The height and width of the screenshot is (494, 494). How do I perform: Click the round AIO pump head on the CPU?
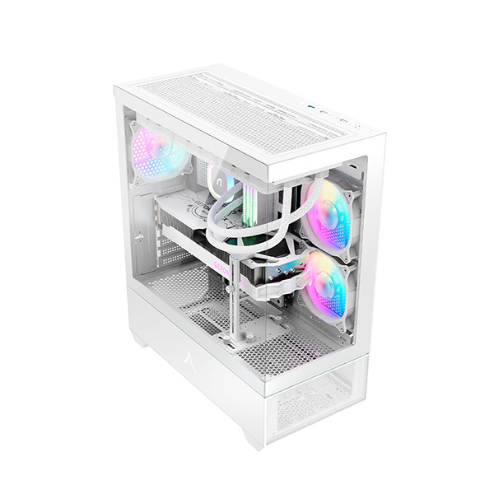[x=220, y=177]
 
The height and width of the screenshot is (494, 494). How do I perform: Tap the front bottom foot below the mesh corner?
[x=257, y=436]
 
